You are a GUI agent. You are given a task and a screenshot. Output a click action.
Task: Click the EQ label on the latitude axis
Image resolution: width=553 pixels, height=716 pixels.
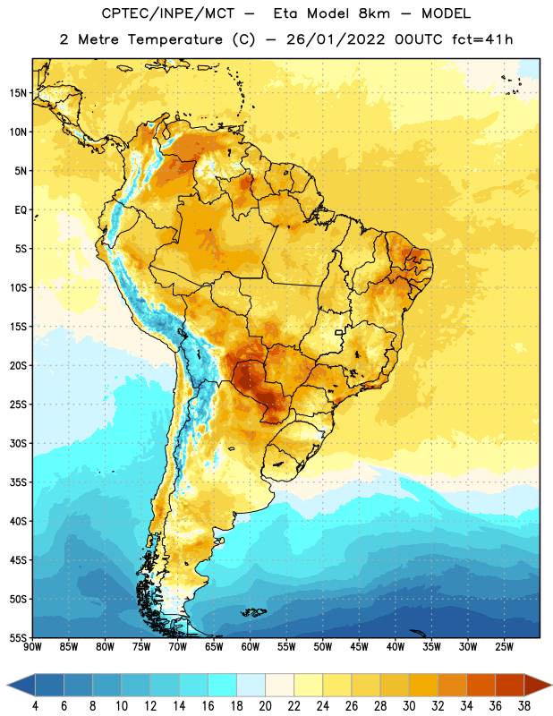(21, 210)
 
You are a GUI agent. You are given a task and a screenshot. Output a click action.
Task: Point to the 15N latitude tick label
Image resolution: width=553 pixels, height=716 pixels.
(18, 93)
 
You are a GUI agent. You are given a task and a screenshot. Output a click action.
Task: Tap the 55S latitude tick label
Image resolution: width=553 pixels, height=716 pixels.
(18, 637)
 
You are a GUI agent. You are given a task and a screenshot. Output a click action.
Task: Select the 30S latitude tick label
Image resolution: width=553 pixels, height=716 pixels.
(18, 443)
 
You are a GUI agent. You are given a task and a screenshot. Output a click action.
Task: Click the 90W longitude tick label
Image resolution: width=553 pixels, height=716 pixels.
(32, 647)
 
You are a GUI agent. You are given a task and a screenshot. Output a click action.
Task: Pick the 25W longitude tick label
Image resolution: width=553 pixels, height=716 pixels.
(504, 647)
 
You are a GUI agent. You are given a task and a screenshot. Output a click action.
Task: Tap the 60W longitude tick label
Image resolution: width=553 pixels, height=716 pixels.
(251, 647)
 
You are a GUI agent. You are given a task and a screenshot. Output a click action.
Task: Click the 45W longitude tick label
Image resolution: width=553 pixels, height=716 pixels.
(359, 647)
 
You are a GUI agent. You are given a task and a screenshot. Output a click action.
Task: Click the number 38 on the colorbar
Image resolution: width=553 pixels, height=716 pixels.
(524, 706)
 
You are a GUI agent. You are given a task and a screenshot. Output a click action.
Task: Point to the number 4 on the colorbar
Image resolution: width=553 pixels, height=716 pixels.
(35, 706)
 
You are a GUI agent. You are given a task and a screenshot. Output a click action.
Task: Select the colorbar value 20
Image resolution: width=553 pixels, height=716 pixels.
(265, 706)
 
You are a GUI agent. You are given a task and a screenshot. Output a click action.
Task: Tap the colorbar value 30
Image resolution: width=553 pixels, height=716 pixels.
(409, 706)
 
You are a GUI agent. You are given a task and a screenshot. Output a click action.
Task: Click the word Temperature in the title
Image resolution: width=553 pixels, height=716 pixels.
(174, 39)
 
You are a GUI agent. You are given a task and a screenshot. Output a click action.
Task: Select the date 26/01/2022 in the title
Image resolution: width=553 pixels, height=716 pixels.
(336, 39)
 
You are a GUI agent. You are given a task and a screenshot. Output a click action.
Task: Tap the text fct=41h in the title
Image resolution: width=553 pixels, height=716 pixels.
(482, 39)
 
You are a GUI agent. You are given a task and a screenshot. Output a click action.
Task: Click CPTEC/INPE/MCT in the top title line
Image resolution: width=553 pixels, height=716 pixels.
(167, 13)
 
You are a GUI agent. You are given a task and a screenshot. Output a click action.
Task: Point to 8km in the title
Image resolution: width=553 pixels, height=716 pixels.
(374, 13)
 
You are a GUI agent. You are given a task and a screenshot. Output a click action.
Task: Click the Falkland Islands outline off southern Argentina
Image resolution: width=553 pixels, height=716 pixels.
(253, 612)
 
